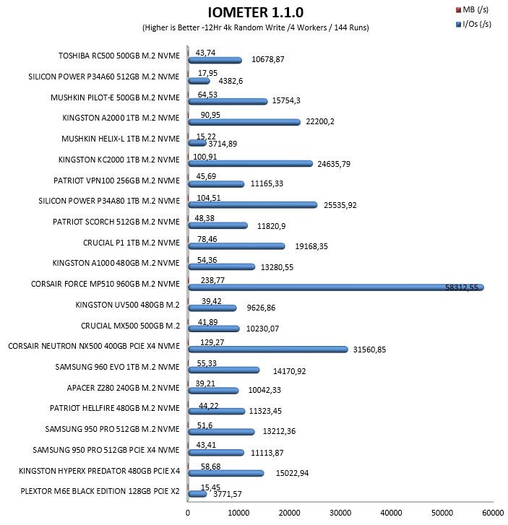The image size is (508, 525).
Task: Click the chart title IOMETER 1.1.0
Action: (x=255, y=12)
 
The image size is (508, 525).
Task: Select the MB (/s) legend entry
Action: (x=473, y=9)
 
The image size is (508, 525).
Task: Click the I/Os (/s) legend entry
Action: (x=473, y=24)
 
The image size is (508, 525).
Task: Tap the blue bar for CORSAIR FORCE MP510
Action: (x=336, y=287)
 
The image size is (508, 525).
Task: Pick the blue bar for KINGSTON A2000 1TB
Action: (x=244, y=122)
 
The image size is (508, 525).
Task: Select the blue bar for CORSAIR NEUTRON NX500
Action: (x=268, y=350)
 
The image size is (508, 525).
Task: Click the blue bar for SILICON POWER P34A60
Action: (x=199, y=81)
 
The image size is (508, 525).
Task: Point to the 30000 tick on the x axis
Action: (x=340, y=513)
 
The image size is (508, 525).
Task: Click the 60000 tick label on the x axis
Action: (x=493, y=513)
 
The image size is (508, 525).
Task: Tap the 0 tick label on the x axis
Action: (x=188, y=513)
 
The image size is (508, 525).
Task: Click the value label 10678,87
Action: (x=268, y=60)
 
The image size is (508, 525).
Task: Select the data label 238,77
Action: (x=212, y=280)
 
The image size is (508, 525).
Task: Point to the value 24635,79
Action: (x=334, y=164)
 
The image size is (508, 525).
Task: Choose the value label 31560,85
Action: (x=369, y=350)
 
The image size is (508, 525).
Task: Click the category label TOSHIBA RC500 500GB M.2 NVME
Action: (x=119, y=56)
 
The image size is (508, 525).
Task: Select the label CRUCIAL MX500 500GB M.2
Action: (x=130, y=326)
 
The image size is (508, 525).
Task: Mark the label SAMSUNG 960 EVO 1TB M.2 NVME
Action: (x=117, y=367)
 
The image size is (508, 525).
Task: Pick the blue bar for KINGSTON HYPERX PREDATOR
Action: (x=226, y=474)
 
